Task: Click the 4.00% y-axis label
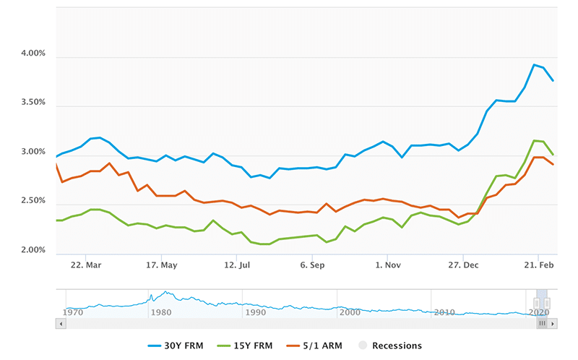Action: [30, 53]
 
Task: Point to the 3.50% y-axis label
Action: [30, 103]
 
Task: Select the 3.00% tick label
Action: [30, 152]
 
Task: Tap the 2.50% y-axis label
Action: [30, 200]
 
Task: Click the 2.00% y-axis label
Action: [30, 250]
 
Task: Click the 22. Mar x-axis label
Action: [86, 265]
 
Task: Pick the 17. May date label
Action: [161, 265]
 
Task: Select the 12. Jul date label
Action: [236, 265]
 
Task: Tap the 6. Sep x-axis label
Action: [312, 265]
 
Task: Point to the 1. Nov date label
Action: [387, 265]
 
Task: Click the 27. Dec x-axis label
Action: [463, 265]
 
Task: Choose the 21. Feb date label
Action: [538, 265]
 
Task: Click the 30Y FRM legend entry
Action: [178, 346]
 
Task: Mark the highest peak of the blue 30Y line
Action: [534, 65]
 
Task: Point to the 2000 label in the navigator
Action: [350, 312]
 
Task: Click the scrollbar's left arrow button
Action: [60, 324]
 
